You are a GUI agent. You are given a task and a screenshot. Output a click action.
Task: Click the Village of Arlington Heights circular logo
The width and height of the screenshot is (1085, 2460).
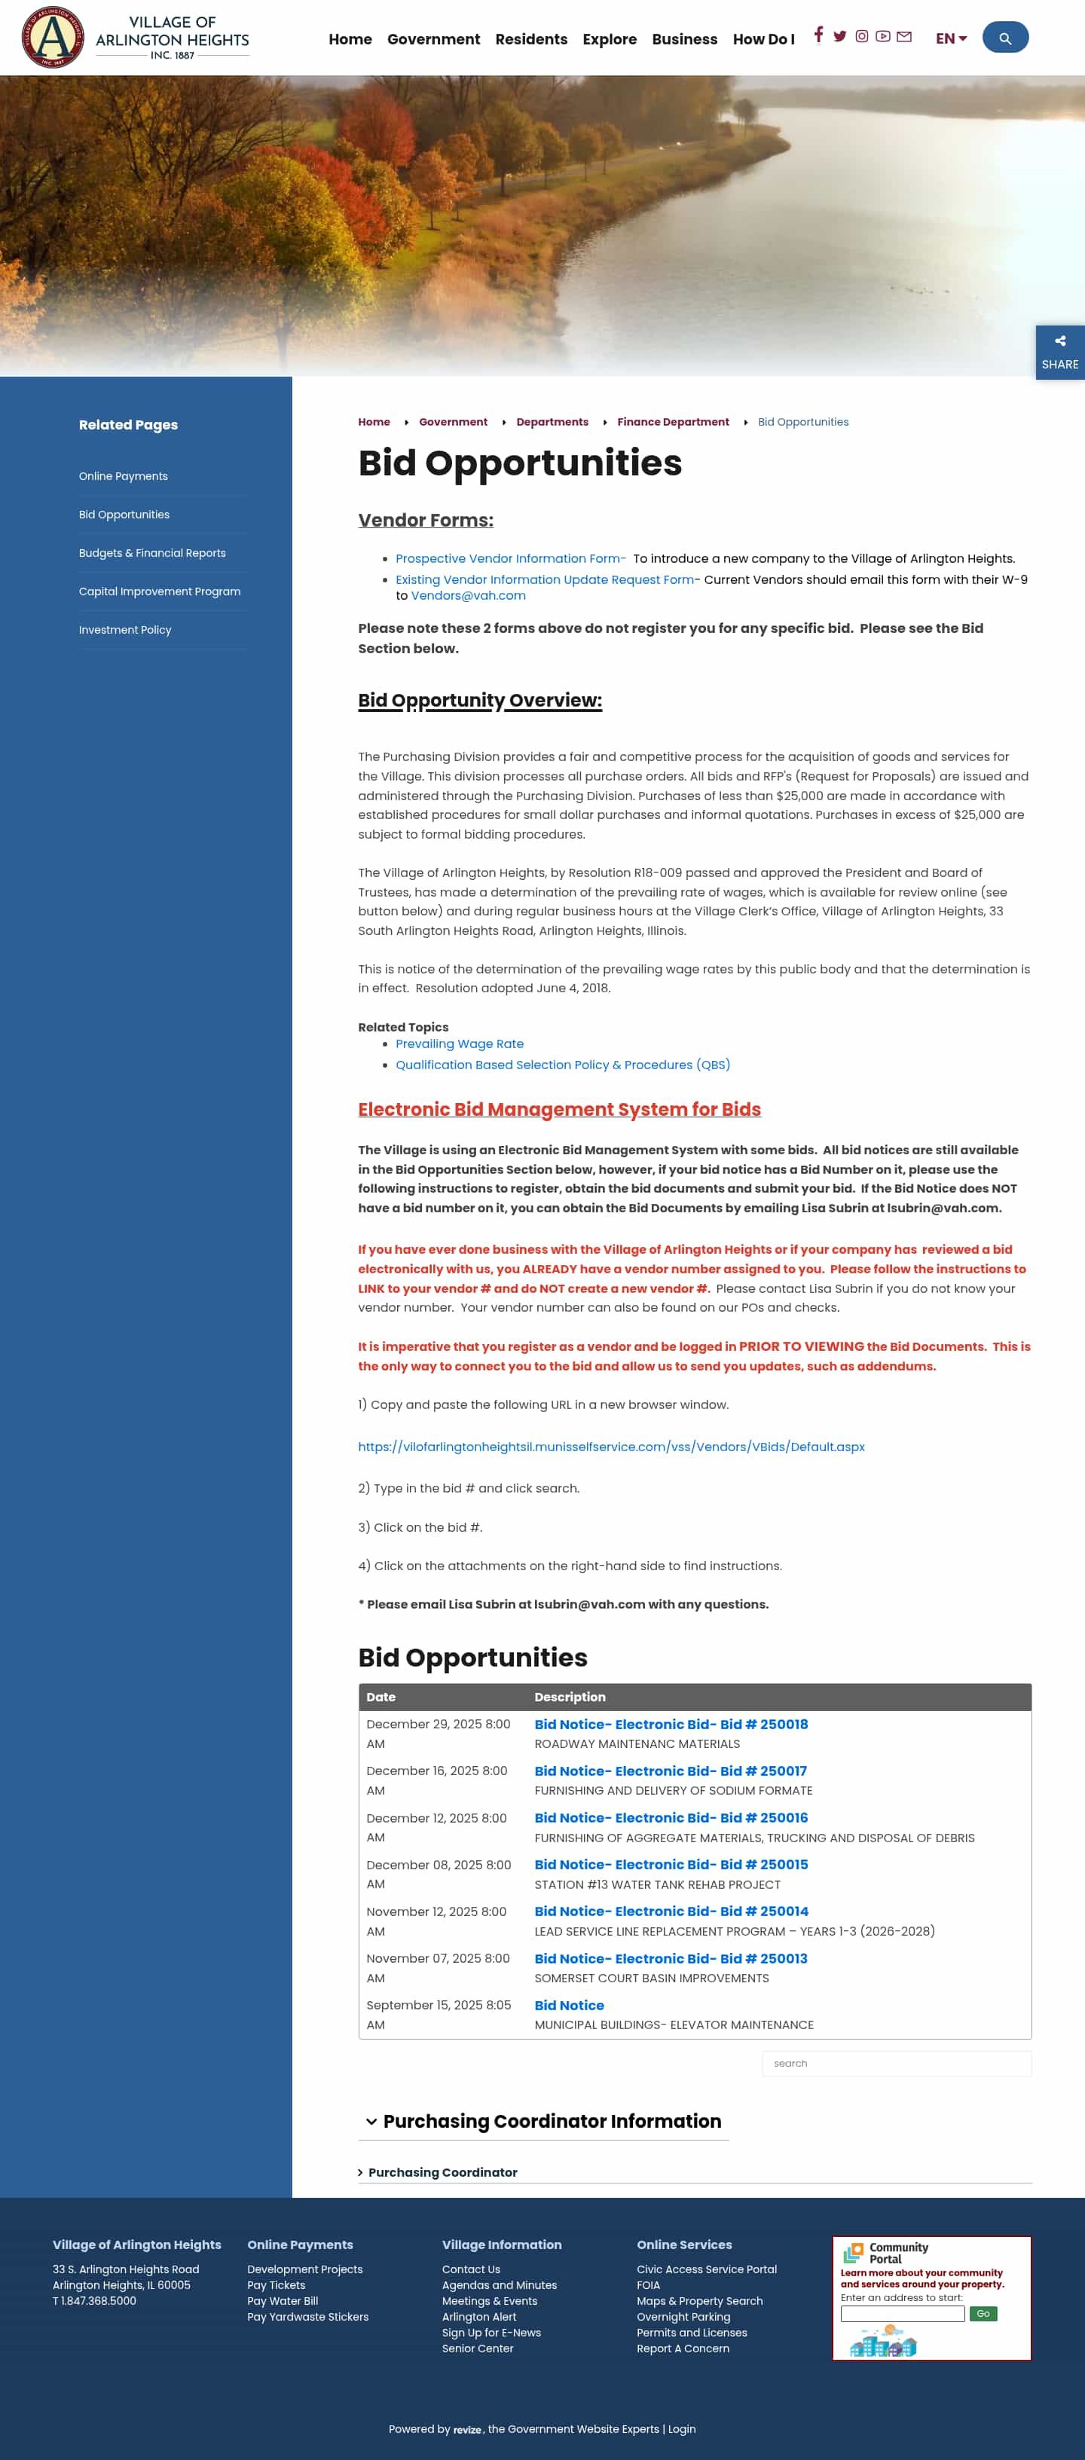pos(53,37)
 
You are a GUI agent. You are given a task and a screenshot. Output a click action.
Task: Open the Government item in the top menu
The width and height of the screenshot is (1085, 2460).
pos(432,39)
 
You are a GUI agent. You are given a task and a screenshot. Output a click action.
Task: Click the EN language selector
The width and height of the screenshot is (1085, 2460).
pos(950,39)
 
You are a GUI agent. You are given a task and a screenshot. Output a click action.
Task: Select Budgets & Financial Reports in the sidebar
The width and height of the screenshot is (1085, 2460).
pos(152,553)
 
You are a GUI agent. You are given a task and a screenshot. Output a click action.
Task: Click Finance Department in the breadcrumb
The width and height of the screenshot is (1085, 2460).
pos(672,422)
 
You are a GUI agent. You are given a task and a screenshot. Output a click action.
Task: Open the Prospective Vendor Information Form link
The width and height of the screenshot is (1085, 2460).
pos(510,558)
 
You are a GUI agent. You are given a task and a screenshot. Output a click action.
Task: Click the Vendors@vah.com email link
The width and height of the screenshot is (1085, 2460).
pos(468,596)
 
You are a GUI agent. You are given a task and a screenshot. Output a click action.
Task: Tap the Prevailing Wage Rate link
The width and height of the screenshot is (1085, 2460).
pos(460,1044)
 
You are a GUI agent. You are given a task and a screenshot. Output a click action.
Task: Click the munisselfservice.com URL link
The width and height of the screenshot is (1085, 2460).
pos(610,1447)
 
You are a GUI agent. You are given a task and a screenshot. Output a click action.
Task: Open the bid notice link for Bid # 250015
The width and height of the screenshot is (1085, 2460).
pos(671,1864)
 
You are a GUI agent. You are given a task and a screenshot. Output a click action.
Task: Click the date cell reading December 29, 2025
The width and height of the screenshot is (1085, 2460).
pos(439,1733)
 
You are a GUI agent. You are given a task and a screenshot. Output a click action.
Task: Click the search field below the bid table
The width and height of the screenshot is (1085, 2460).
pos(896,2064)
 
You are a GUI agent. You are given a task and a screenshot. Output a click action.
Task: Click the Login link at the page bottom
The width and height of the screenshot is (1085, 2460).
pos(681,2429)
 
